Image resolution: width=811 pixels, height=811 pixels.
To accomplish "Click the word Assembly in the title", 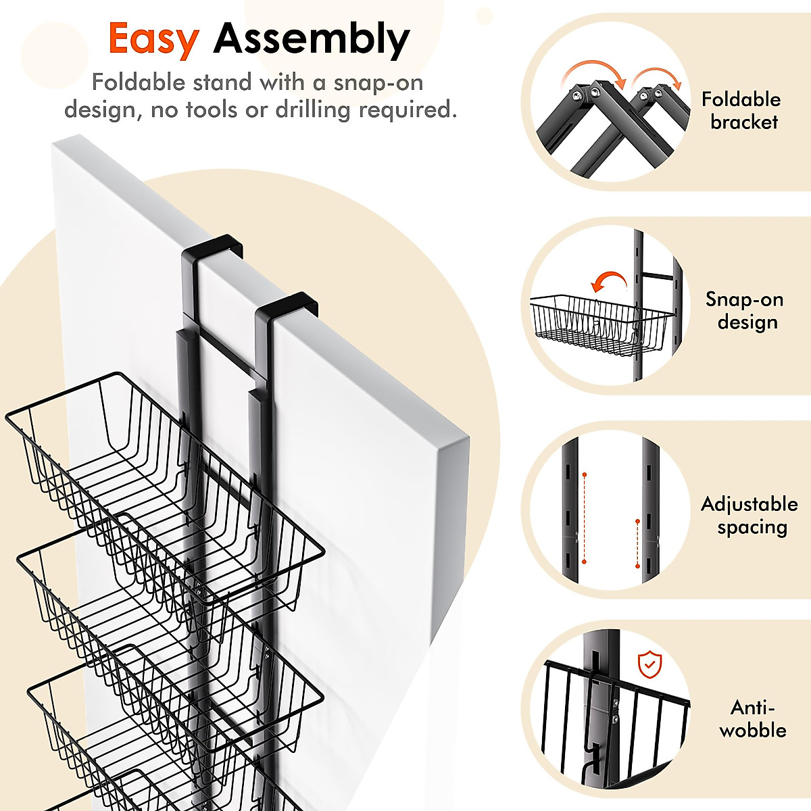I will click(x=312, y=39).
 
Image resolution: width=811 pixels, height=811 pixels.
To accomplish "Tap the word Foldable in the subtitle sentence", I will click(x=138, y=83).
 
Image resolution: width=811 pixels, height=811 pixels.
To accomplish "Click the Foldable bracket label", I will click(x=741, y=111).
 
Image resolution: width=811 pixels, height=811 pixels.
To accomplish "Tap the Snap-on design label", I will click(x=744, y=311).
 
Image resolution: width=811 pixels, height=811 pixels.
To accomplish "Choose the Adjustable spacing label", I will click(x=749, y=516).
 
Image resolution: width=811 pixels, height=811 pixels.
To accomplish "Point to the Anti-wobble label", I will click(x=752, y=719).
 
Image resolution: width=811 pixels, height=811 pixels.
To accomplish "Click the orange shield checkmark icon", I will click(x=649, y=665).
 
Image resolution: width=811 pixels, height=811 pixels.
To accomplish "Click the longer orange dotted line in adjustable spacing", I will click(x=584, y=518).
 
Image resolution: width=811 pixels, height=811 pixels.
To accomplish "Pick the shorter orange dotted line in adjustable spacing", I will click(x=637, y=543).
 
